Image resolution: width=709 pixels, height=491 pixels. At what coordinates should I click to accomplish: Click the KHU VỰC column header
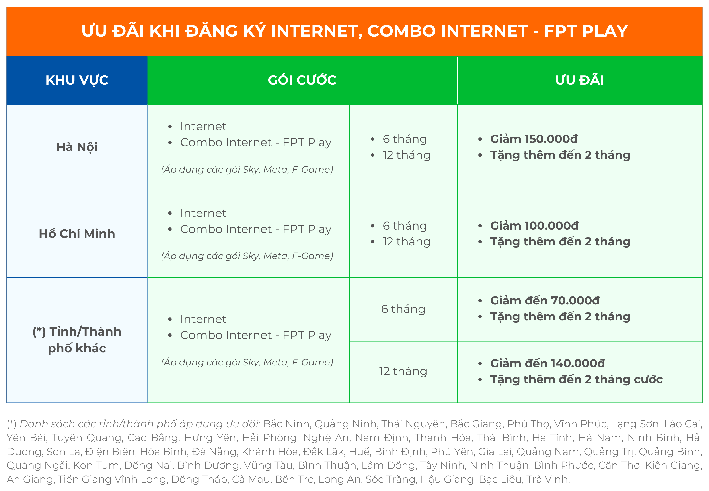(x=77, y=81)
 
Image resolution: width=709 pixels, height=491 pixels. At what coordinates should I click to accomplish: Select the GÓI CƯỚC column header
(x=302, y=80)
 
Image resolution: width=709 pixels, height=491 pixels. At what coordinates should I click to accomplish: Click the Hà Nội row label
(x=77, y=147)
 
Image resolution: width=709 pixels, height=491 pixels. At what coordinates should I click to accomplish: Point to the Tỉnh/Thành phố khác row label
(x=77, y=340)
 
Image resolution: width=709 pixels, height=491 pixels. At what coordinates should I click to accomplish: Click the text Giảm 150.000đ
(x=534, y=139)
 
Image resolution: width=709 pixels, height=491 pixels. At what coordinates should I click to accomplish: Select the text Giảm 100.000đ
(x=534, y=226)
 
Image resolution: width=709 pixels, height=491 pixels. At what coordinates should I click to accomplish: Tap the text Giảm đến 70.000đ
(x=545, y=301)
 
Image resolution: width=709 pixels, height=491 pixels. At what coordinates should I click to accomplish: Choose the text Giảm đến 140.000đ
(x=547, y=363)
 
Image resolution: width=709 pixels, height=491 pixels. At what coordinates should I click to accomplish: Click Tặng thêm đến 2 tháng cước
(x=576, y=379)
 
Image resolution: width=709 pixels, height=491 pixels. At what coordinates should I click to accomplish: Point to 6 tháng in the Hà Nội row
(x=405, y=139)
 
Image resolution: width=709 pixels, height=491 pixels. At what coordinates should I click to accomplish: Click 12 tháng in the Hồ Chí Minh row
(x=406, y=242)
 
